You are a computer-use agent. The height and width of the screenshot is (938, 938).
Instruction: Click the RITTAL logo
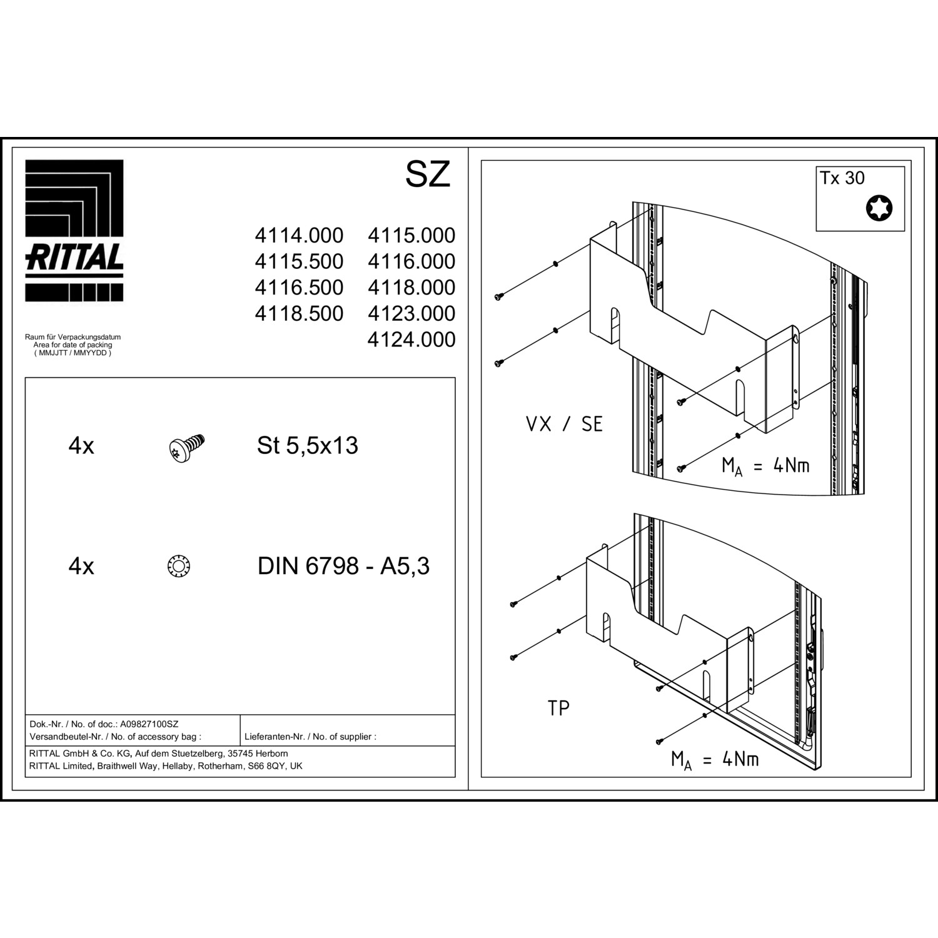pyautogui.click(x=74, y=231)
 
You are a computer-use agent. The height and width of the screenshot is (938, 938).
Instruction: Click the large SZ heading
pyautogui.click(x=428, y=174)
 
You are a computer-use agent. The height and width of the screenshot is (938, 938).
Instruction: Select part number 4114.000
pyautogui.click(x=299, y=236)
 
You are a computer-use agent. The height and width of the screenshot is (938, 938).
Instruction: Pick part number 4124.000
pyautogui.click(x=411, y=340)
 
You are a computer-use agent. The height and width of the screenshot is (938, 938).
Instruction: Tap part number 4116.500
pyautogui.click(x=299, y=288)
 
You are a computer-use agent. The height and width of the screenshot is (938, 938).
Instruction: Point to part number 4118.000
pyautogui.click(x=411, y=288)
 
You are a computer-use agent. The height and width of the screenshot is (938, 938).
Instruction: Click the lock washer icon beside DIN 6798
pyautogui.click(x=179, y=567)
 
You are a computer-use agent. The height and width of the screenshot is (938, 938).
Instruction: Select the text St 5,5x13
pyautogui.click(x=308, y=445)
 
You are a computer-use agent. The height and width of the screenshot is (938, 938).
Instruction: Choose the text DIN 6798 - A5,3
pyautogui.click(x=344, y=566)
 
